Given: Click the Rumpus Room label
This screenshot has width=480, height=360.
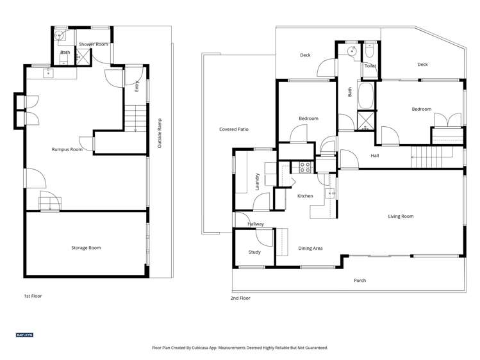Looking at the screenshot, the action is pyautogui.click(x=67, y=149).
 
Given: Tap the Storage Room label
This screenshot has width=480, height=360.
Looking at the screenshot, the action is pyautogui.click(x=86, y=248).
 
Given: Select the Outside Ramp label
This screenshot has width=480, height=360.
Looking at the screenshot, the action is pyautogui.click(x=160, y=133).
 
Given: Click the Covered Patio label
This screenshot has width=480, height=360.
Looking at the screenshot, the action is pyautogui.click(x=234, y=129).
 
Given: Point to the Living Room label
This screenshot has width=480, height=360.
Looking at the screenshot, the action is pyautogui.click(x=401, y=217).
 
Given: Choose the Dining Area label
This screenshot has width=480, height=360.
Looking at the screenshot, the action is pyautogui.click(x=310, y=249).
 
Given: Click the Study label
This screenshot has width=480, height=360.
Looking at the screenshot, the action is pyautogui.click(x=254, y=252).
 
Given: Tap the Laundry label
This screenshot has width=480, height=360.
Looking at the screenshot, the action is pyautogui.click(x=257, y=181).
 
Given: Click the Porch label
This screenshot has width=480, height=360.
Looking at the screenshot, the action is pyautogui.click(x=360, y=280).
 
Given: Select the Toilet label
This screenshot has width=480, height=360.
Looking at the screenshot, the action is pyautogui.click(x=370, y=66).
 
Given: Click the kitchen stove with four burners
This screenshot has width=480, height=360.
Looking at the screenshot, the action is pyautogui.click(x=305, y=167).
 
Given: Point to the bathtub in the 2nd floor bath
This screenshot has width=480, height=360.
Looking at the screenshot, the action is pyautogui.click(x=366, y=95).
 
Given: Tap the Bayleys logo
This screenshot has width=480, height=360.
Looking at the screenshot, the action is pyautogui.click(x=24, y=335).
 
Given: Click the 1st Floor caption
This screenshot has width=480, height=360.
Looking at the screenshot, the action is pyautogui.click(x=33, y=296).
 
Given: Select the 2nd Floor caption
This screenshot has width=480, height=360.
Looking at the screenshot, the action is pyautogui.click(x=240, y=298).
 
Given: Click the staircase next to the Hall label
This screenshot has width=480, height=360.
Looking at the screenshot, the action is pyautogui.click(x=432, y=157).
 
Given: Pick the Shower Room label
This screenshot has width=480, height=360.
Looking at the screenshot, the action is pyautogui.click(x=94, y=44).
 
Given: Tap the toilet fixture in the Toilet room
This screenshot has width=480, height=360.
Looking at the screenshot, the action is pyautogui.click(x=370, y=51).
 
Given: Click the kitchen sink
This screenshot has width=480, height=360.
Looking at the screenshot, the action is pyautogui.click(x=330, y=193).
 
